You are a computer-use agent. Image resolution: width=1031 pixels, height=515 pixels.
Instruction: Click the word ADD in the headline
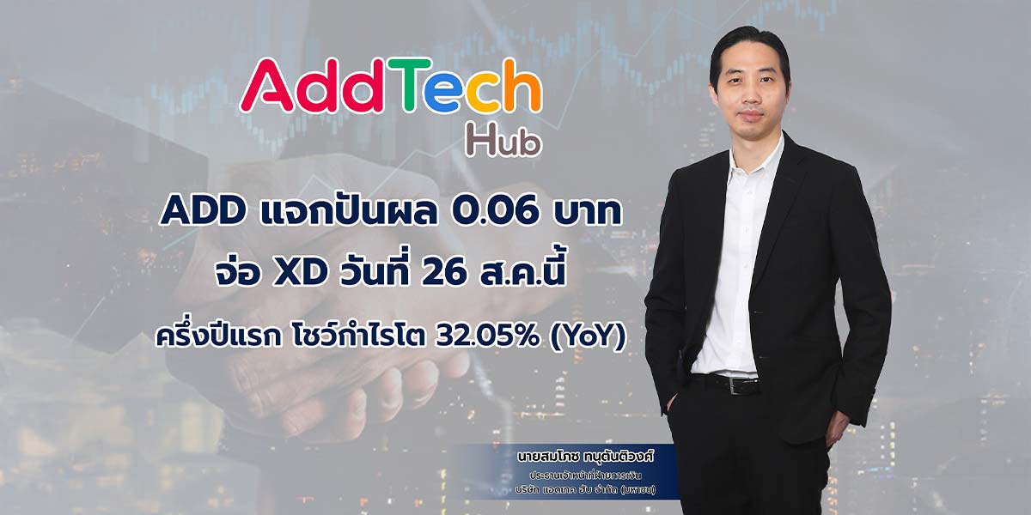203,212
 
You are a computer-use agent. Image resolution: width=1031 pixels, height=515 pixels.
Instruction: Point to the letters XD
300,273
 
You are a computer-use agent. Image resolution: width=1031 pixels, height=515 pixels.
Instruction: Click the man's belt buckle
740,385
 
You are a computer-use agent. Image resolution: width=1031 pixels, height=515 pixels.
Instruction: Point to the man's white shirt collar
755,156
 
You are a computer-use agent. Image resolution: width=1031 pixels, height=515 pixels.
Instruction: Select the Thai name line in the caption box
585,457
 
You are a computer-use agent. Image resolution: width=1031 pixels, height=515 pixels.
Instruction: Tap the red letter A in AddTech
267,86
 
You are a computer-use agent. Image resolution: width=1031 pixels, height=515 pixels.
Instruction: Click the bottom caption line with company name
585,490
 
